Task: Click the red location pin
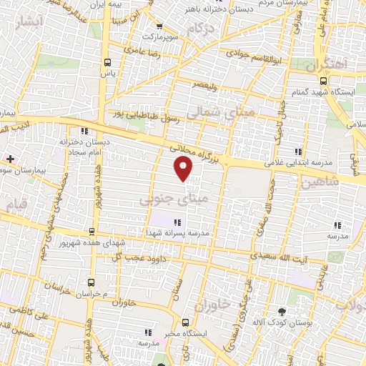point(184,169)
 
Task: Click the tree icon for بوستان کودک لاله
point(282,311)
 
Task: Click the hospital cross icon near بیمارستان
point(9,159)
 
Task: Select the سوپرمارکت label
point(162,35)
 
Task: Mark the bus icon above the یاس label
point(108,61)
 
